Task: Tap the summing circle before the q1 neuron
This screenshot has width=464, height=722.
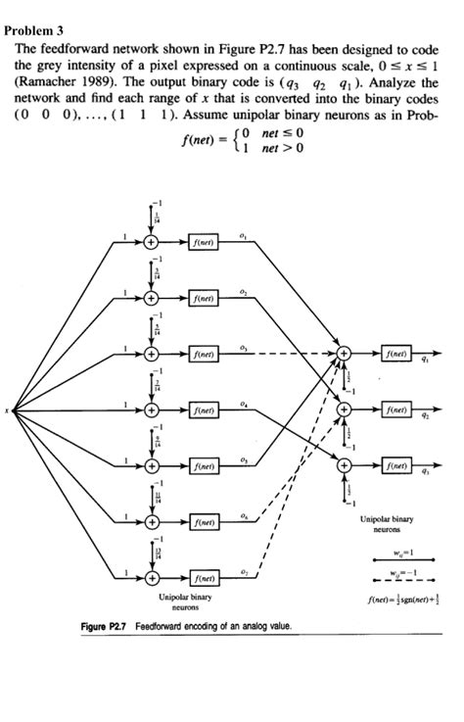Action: pos(344,351)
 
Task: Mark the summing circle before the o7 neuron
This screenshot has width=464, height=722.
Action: pos(151,578)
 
